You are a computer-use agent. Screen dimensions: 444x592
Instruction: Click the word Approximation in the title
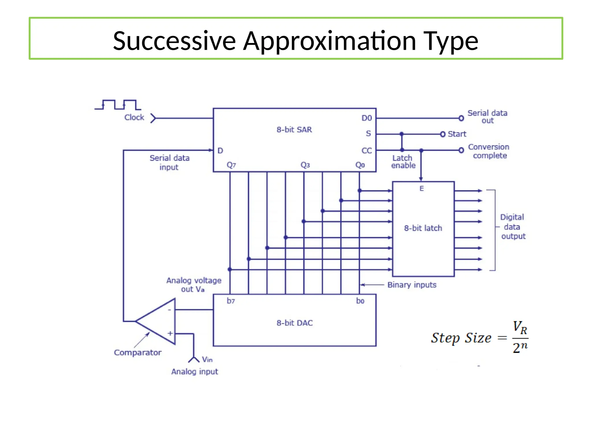(x=329, y=41)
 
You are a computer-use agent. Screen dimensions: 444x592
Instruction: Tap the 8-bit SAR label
(x=294, y=129)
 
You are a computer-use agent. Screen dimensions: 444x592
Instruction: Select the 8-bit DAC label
(x=295, y=323)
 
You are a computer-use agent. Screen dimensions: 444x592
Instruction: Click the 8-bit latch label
(x=423, y=228)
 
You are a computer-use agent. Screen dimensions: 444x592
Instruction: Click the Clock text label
(x=134, y=117)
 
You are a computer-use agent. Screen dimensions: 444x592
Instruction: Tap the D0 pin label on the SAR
(x=367, y=118)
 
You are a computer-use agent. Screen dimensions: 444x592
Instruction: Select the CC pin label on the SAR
(x=367, y=151)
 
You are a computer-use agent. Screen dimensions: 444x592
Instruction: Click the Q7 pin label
(x=231, y=165)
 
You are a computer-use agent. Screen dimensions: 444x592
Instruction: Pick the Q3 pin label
(x=305, y=165)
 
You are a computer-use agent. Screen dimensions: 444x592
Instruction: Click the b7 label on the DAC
(x=231, y=301)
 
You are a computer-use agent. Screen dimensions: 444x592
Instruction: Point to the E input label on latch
(x=421, y=188)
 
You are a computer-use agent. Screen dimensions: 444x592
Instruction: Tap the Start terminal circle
(x=443, y=134)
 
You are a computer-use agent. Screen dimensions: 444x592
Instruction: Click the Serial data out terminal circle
(x=461, y=118)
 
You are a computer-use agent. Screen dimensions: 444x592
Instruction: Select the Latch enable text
(x=403, y=162)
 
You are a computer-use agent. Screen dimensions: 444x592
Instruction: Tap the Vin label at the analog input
(x=207, y=359)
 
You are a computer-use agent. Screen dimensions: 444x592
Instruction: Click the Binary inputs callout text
(x=412, y=285)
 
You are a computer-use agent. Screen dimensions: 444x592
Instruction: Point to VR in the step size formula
(x=520, y=327)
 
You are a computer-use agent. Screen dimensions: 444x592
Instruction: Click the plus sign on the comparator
(x=170, y=333)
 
